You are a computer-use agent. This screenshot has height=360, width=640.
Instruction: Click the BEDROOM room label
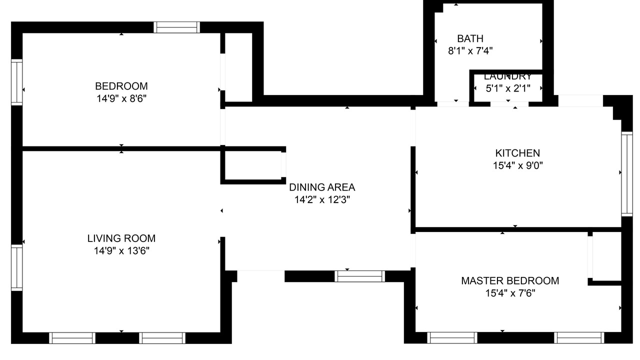tap(121, 86)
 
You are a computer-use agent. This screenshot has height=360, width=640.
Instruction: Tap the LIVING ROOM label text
tap(121, 238)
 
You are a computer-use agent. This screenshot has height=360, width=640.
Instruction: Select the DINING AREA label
tap(322, 187)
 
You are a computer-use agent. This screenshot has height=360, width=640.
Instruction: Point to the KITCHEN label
tap(517, 153)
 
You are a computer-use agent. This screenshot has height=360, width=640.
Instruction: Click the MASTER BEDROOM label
tap(510, 281)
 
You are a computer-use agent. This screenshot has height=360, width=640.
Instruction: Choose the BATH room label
tap(470, 38)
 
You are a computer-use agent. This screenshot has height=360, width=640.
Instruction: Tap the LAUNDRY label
tap(507, 76)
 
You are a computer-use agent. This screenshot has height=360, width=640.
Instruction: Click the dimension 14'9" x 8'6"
tap(121, 98)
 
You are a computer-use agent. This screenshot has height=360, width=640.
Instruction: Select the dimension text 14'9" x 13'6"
tap(121, 251)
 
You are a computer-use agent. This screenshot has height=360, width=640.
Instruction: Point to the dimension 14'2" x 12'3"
tap(322, 199)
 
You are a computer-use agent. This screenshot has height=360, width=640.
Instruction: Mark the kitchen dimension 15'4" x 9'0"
tap(517, 165)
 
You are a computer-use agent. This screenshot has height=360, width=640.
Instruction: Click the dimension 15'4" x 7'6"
tap(510, 293)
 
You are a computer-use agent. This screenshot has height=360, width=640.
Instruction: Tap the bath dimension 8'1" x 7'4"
tap(470, 51)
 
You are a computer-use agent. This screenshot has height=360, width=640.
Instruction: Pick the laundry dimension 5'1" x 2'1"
tap(507, 88)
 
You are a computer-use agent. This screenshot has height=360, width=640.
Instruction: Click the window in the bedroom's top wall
tap(176, 27)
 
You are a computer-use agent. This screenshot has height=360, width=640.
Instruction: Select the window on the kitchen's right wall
tap(627, 173)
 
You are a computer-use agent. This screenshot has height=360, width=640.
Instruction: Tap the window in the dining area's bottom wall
tap(359, 276)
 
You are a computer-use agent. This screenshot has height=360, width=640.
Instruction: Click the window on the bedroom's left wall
tap(17, 82)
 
